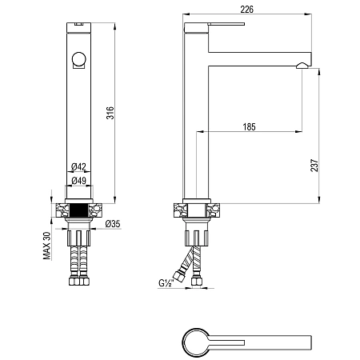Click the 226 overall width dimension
coord(247,10)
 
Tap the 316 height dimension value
coord(110,113)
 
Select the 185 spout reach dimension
coord(249,127)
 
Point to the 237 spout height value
coord(314,166)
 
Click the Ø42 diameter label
coord(78,167)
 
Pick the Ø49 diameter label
coord(79,181)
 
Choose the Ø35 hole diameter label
coord(113,224)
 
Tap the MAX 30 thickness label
coord(46,246)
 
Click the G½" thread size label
coord(166,282)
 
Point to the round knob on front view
coord(78,59)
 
